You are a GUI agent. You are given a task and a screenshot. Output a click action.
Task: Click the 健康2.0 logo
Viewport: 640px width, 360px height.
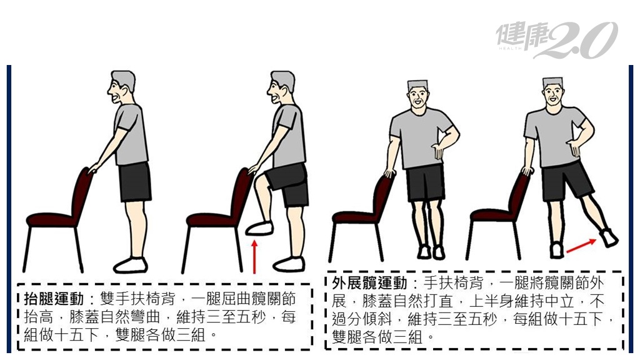tap(557, 39)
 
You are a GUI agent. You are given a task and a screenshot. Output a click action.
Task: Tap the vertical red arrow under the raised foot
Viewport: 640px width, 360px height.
tap(254, 257)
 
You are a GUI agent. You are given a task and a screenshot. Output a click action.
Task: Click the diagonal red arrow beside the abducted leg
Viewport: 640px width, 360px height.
tap(581, 246)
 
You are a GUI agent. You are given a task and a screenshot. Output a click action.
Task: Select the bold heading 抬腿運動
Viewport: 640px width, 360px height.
tap(54, 299)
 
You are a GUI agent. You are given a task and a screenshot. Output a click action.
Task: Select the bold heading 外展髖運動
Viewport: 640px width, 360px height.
tap(369, 282)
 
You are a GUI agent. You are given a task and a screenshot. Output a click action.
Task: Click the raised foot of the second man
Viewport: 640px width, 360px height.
tap(259, 227)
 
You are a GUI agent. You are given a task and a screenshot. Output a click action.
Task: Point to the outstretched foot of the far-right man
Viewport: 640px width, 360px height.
tap(609, 237)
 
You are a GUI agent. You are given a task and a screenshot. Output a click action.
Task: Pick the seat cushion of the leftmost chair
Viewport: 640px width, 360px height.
tap(52, 219)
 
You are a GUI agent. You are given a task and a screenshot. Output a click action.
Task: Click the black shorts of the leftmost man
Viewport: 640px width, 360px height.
tap(135, 181)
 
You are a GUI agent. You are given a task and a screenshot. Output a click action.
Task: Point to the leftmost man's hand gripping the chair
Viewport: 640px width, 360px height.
tap(94, 167)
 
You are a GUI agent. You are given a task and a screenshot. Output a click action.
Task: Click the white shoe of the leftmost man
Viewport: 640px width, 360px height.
tap(131, 265)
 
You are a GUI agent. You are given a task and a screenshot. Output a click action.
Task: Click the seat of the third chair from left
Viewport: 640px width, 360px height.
tap(356, 216)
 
